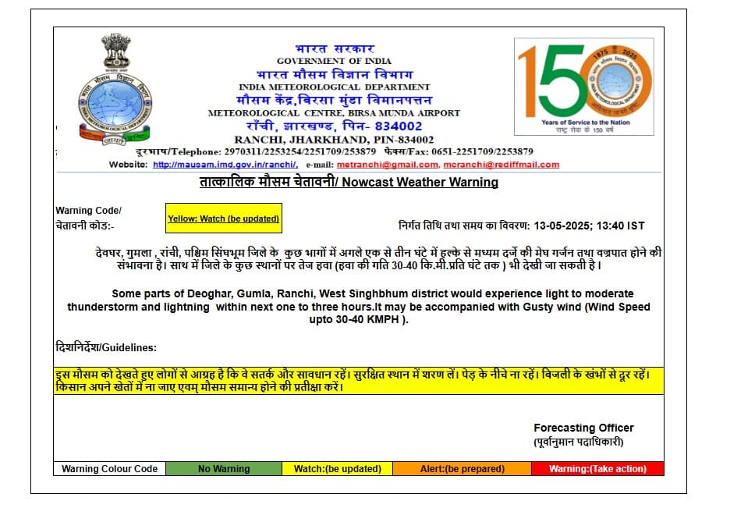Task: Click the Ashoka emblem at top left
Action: (115, 52)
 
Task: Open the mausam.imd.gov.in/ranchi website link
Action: (225, 165)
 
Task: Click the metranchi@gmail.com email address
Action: (388, 165)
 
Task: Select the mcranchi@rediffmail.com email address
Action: (502, 165)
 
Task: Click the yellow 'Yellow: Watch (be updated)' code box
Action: (223, 219)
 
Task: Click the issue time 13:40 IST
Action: (621, 226)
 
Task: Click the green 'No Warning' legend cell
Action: (224, 469)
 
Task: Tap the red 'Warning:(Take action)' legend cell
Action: (597, 469)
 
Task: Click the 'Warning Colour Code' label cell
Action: (110, 469)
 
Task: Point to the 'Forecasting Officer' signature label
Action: (583, 428)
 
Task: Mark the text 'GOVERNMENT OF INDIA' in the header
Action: (334, 61)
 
